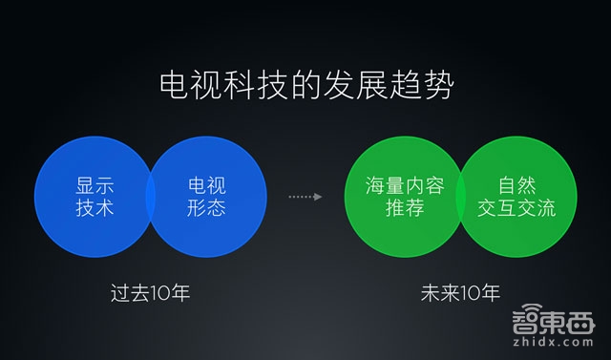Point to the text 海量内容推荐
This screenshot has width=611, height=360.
(405, 195)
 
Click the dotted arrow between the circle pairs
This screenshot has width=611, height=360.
(305, 197)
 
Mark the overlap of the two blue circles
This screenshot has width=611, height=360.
(151, 196)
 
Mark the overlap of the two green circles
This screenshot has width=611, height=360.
(460, 196)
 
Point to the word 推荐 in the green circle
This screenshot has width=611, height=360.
(405, 206)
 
